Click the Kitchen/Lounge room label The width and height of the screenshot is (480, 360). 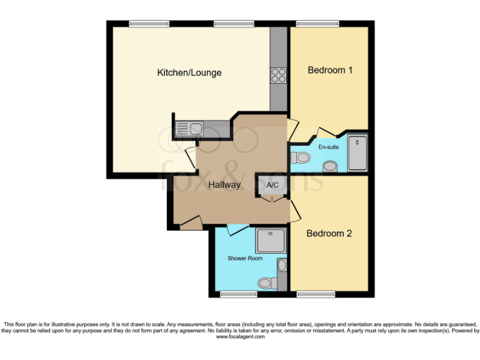coord(189,73)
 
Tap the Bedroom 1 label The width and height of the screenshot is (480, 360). coord(330,70)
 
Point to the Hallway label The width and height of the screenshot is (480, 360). coord(224,185)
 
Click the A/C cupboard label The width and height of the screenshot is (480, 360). coord(272,186)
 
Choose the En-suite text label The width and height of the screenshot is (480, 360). coord(328,147)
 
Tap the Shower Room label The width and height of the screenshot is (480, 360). coord(245,257)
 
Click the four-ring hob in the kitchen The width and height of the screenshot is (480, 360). coord(278,76)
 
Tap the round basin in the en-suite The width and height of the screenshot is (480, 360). coord(330,166)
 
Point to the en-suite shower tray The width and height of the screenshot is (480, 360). coord(358,151)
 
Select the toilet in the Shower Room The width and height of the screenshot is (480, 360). coord(267,283)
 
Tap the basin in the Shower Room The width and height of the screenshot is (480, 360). coord(281,266)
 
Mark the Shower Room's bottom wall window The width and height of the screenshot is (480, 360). coord(238,294)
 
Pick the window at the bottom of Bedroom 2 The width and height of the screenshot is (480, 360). coord(316,294)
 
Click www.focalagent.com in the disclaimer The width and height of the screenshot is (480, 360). coord(240,337)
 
